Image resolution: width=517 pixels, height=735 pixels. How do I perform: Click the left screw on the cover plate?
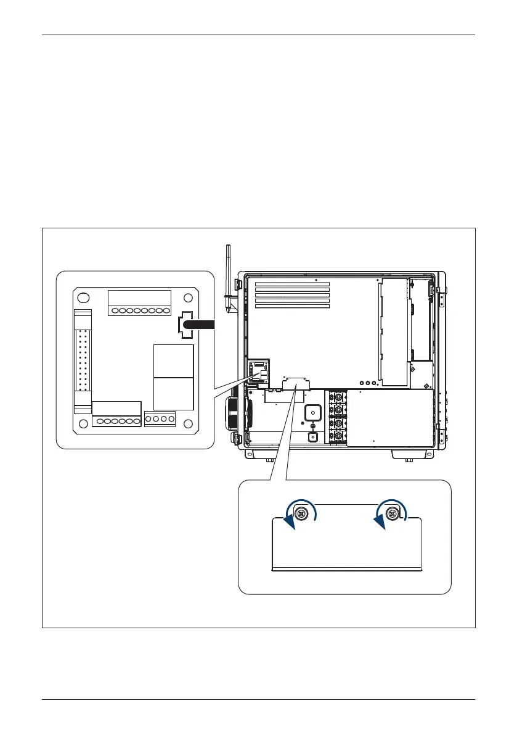pos(302,514)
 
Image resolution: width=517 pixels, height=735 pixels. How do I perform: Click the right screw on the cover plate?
pos(391,513)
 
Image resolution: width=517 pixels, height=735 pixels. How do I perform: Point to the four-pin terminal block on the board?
pos(160,419)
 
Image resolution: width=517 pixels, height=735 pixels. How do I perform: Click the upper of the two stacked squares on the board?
pos(174,361)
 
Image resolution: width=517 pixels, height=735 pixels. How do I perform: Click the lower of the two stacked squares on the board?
pos(174,393)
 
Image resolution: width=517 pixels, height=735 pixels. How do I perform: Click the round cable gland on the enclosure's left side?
pos(232,413)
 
